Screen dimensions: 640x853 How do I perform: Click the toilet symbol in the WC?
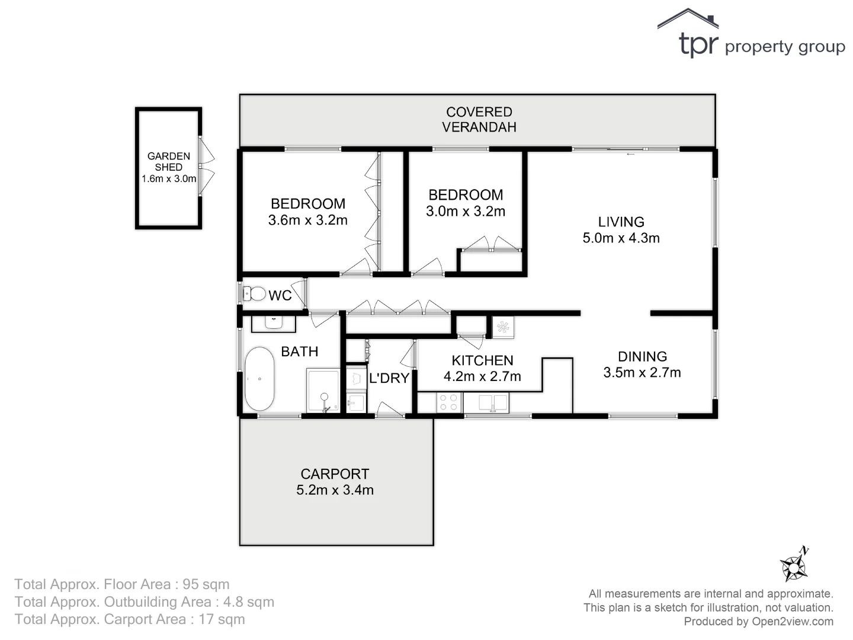[255, 293]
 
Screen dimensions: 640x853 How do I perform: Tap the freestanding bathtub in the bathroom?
[259, 379]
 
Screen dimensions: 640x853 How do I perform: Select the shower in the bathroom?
[323, 390]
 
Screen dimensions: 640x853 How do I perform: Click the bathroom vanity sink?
[274, 323]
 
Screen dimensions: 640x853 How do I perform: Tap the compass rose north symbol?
[794, 565]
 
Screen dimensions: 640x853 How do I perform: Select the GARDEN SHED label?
[169, 161]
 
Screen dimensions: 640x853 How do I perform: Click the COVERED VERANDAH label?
[479, 119]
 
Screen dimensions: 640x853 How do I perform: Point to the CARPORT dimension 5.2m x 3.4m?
[335, 490]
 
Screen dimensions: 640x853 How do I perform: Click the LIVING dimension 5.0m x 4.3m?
[621, 238]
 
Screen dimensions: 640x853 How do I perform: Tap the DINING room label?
[642, 356]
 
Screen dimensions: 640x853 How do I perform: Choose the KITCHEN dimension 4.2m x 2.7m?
[482, 376]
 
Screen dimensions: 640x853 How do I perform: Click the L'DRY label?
[389, 378]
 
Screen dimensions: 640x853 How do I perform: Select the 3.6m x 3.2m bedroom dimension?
[307, 220]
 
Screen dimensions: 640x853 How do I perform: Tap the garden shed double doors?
[207, 168]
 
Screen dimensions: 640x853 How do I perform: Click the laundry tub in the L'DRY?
[356, 403]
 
